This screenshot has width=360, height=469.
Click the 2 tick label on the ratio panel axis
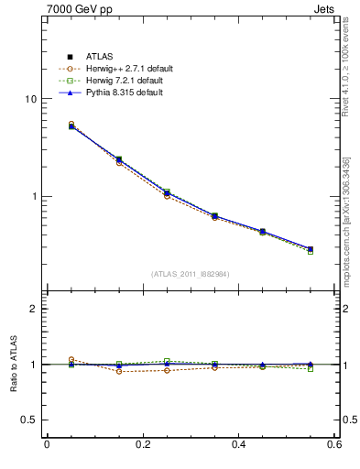click(34, 309)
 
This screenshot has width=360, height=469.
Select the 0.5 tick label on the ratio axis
click(29, 420)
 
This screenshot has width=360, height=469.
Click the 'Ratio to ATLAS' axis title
click(13, 365)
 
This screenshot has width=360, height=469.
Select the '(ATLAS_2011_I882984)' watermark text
click(190, 274)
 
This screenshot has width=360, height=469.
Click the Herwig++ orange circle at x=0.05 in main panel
click(71, 124)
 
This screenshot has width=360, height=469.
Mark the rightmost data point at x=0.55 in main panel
click(310, 249)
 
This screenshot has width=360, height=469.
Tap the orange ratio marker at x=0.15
click(119, 371)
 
